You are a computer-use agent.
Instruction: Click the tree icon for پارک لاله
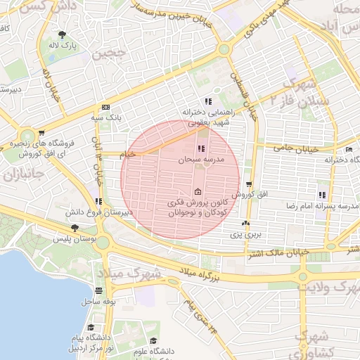63,34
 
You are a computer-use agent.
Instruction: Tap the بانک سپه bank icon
105,107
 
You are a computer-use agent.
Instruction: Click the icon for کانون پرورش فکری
198,192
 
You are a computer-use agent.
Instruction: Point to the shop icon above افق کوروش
248,184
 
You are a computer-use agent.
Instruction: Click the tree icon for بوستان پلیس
75,227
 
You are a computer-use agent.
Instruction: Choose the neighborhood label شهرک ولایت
325,287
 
